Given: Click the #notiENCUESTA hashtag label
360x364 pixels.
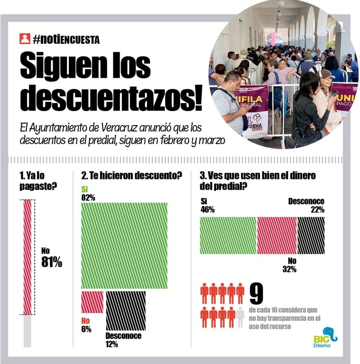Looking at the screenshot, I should coord(66,40).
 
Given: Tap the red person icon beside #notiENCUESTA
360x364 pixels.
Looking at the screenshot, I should coord(25,39).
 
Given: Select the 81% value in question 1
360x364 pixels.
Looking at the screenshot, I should coord(51,263).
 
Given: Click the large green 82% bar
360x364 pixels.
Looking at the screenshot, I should coord(124,246).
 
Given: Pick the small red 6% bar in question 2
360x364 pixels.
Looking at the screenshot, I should coord(92,302).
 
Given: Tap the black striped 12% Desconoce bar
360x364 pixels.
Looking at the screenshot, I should coord(126,310).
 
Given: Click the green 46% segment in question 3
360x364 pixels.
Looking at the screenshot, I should coord(228,236).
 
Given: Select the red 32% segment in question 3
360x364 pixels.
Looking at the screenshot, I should coord(277,236).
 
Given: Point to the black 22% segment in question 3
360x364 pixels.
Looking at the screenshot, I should coord(310,236).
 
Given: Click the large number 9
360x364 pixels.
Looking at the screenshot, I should coord(256,294).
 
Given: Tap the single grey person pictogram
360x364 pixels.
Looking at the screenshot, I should coord(240,317).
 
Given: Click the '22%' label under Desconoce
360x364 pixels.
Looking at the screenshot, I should coord(317,210).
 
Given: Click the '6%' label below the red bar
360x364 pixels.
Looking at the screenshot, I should coord(86,329).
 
